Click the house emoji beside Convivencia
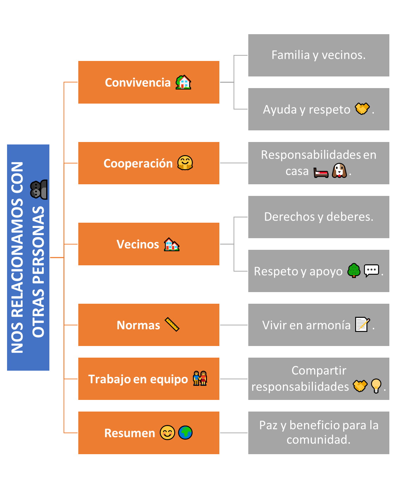(183, 82)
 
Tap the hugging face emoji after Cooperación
(185, 163)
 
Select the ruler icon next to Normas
(172, 325)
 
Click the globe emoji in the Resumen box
(185, 433)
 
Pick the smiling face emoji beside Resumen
(168, 433)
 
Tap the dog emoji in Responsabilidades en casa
(339, 171)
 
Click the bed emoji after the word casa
(321, 173)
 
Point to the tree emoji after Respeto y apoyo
(354, 271)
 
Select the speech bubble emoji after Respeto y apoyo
(371, 271)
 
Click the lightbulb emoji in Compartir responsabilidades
(376, 386)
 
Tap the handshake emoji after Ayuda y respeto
(362, 109)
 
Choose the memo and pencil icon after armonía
(363, 324)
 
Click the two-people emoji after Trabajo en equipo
(200, 378)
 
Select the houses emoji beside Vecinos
(172, 244)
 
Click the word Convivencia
(138, 82)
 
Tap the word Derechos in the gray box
(289, 217)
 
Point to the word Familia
(291, 55)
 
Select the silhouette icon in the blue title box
(39, 190)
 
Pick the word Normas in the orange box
(138, 325)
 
